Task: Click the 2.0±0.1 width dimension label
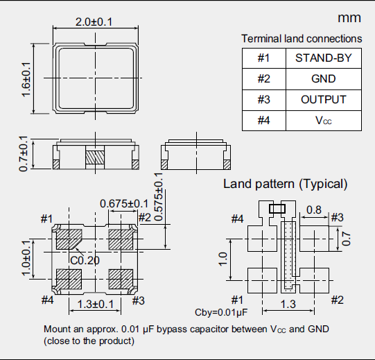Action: [94, 22]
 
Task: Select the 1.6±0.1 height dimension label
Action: [26, 80]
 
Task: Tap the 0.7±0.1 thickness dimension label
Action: [24, 153]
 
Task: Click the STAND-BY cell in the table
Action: [324, 58]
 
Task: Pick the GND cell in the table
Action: [324, 79]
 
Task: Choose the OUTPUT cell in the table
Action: [324, 100]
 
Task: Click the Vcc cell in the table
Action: [324, 121]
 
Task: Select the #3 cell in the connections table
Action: [264, 100]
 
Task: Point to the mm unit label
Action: [349, 18]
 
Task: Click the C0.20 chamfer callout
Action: [85, 260]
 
